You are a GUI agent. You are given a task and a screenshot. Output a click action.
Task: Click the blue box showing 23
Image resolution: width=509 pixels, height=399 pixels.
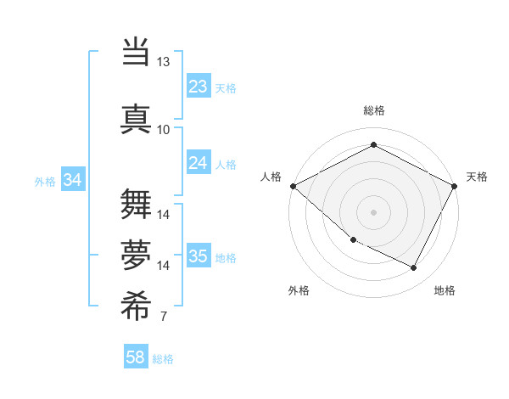pyautogui.click(x=198, y=87)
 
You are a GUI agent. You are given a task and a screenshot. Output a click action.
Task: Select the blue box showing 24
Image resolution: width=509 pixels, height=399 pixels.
pyautogui.click(x=198, y=163)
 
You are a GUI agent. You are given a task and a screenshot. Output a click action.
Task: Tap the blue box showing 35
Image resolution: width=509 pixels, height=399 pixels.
pyautogui.click(x=198, y=257)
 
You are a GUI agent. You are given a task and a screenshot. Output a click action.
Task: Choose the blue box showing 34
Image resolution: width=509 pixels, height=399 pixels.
pyautogui.click(x=72, y=180)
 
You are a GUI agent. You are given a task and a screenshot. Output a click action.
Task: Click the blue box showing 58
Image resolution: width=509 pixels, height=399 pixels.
pyautogui.click(x=136, y=357)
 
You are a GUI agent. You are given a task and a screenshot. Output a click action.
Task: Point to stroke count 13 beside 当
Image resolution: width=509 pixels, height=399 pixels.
pyautogui.click(x=163, y=62)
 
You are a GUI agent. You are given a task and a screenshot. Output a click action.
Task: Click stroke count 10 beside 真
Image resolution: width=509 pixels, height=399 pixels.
pyautogui.click(x=163, y=129)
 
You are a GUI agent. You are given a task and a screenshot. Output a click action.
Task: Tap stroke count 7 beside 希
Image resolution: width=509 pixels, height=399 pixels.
pyautogui.click(x=163, y=317)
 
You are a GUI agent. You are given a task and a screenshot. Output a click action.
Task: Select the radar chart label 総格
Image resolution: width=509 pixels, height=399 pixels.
pyautogui.click(x=373, y=110)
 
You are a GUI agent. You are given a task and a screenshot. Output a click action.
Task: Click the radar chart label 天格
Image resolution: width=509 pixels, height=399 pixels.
pyautogui.click(x=477, y=177)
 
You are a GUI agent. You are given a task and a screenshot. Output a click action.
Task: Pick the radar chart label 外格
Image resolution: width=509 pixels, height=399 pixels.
pyautogui.click(x=299, y=290)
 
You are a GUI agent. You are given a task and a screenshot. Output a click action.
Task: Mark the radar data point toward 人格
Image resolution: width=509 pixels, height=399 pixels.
pyautogui.click(x=293, y=186)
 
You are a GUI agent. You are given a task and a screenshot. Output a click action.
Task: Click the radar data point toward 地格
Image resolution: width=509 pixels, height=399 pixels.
pyautogui.click(x=414, y=268)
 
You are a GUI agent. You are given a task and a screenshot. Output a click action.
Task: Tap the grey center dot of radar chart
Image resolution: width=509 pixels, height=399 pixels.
pyautogui.click(x=373, y=211)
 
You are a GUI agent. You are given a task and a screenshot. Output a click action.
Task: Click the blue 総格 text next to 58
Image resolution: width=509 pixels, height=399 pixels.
pyautogui.click(x=163, y=359)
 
